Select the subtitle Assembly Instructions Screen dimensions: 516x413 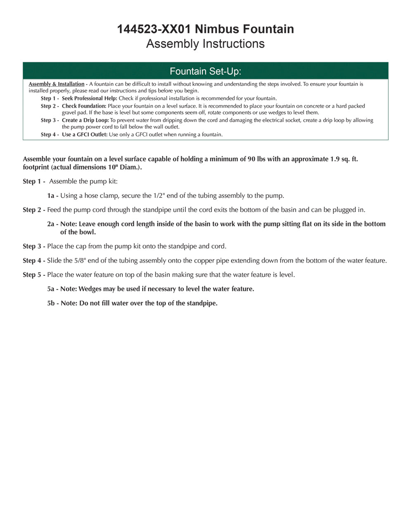(205, 44)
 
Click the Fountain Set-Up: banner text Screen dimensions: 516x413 (205, 71)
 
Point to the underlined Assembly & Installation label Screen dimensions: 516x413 (56, 84)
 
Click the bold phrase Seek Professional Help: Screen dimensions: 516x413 (90, 99)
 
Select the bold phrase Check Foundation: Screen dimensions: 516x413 (84, 106)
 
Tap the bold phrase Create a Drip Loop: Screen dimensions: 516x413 (85, 121)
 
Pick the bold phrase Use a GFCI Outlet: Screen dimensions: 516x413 (85, 135)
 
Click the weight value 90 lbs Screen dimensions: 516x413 (256, 159)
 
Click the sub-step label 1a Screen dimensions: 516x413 (51, 196)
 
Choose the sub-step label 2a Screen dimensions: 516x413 (51, 224)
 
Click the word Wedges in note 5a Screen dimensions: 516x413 (90, 289)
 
